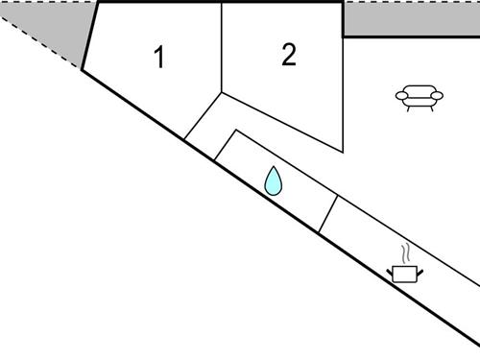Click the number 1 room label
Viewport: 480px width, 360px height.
159,59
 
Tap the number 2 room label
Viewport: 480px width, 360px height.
289,55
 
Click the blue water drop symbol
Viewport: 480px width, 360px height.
274,180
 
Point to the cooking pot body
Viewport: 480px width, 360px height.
405,275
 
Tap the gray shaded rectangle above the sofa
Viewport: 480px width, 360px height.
411,19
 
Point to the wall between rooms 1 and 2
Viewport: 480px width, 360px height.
222,48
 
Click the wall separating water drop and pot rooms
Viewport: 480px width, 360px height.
328,215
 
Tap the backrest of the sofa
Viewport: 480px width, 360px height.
420,88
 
